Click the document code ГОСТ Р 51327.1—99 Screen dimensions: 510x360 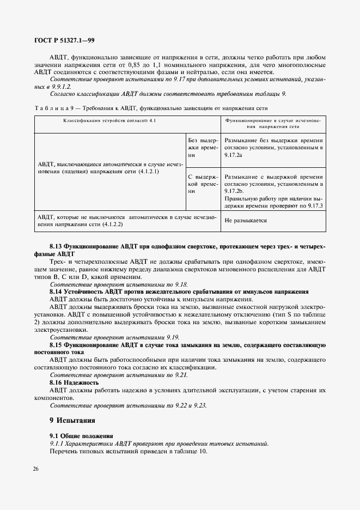click(x=65, y=40)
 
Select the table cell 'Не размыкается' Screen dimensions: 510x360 click(x=246, y=221)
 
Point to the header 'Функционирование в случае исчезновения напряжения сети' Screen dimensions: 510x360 click(x=273, y=123)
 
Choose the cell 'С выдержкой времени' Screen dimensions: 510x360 click(x=203, y=184)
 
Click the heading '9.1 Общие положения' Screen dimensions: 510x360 click(x=81, y=436)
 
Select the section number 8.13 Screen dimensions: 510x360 click(x=57, y=247)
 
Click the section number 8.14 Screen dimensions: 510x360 click(x=57, y=292)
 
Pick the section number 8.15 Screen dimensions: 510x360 click(x=57, y=345)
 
